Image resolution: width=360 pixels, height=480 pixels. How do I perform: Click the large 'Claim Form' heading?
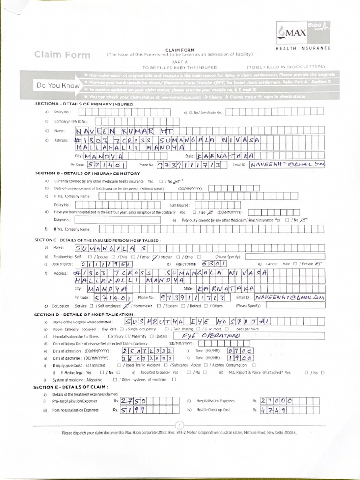click(62, 55)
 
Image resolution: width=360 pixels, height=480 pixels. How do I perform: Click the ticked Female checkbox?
click(320, 264)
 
